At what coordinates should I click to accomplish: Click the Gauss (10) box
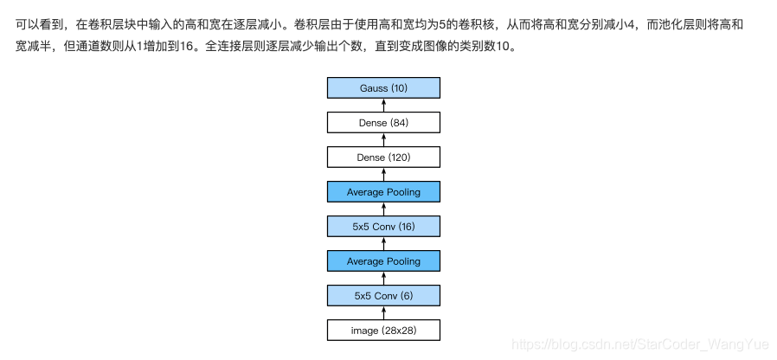tap(383, 88)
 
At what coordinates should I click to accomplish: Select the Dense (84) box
tap(383, 123)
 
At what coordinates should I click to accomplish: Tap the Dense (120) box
tap(383, 157)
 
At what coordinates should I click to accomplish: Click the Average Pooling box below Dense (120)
tap(383, 192)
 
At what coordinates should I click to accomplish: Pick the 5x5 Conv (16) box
tap(383, 227)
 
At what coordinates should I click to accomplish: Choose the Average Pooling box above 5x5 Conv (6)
tap(383, 261)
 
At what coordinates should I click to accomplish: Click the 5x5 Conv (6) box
tap(383, 296)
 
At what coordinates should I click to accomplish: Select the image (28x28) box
tap(383, 331)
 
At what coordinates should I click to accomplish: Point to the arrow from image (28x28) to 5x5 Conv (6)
tap(383, 313)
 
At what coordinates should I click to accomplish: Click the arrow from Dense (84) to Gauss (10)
tap(383, 106)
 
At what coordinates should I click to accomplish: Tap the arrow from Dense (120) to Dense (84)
tap(383, 140)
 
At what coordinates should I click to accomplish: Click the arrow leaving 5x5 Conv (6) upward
tap(383, 279)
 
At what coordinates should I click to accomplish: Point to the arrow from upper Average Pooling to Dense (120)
tap(383, 175)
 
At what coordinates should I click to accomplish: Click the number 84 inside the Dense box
tap(399, 123)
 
